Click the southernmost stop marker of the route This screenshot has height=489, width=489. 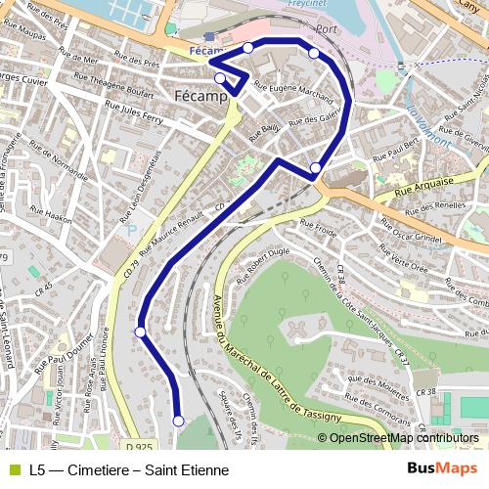pyautogui.click(x=178, y=421)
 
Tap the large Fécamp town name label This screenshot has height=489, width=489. pyautogui.click(x=200, y=97)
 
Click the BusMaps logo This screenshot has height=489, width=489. pyautogui.click(x=441, y=469)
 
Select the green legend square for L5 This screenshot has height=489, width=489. pyautogui.click(x=13, y=470)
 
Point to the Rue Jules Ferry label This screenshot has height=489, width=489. pyautogui.click(x=148, y=122)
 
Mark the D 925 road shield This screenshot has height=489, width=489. pyautogui.click(x=141, y=447)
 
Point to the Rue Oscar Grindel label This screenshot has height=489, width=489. pyautogui.click(x=417, y=240)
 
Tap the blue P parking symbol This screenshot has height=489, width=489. pyautogui.click(x=132, y=229)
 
